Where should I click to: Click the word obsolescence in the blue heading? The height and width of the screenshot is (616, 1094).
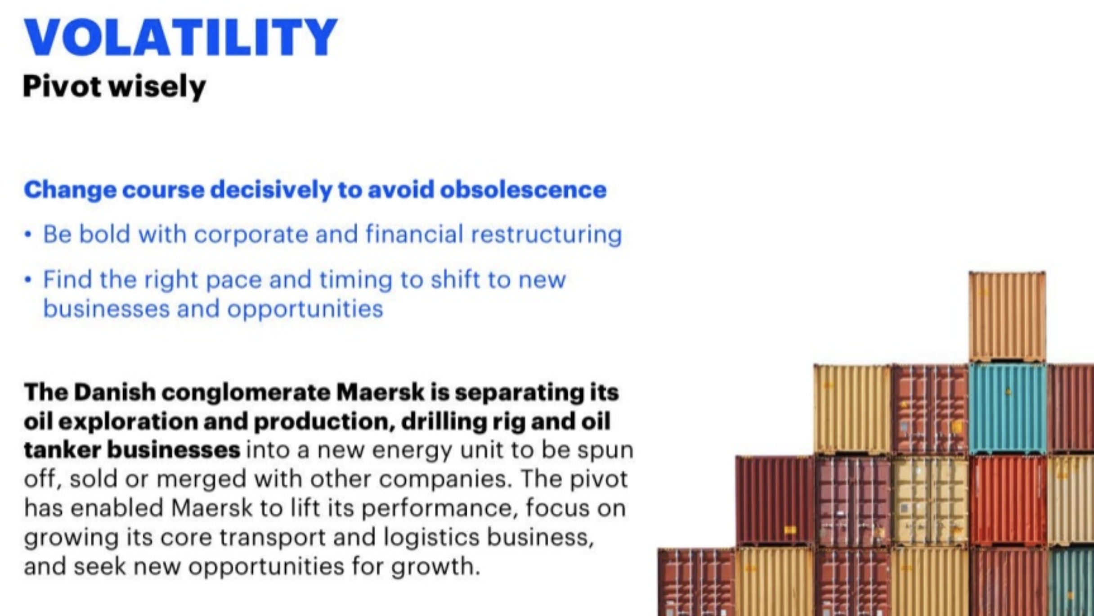[x=523, y=189]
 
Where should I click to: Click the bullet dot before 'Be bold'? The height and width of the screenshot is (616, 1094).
[x=28, y=235]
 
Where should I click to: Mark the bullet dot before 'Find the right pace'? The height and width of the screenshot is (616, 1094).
[x=28, y=280]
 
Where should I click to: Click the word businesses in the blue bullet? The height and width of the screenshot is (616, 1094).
[x=106, y=308]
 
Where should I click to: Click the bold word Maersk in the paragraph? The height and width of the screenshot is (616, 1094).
[x=381, y=392]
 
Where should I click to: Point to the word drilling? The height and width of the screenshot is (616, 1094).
[x=444, y=421]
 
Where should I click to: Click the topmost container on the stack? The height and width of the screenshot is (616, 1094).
[x=1007, y=316]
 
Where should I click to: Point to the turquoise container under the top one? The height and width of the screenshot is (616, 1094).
[x=1007, y=409]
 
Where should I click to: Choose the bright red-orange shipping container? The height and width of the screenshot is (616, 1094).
[x=1009, y=501]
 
